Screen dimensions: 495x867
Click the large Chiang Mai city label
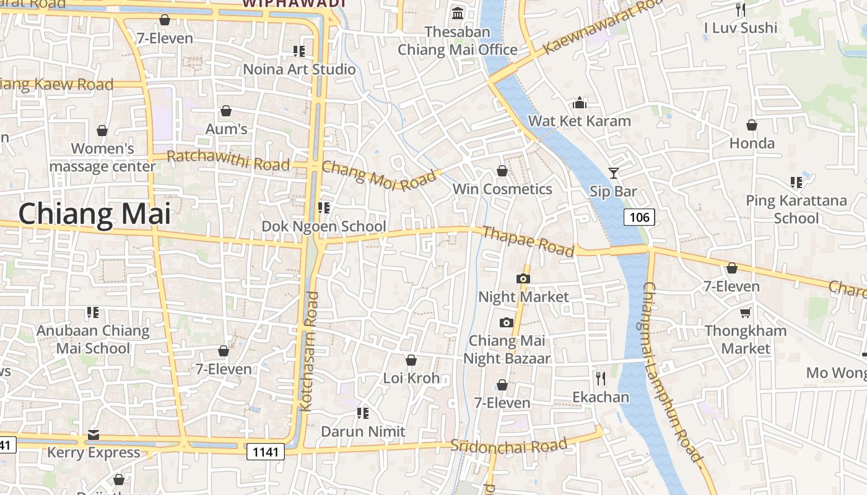(94, 214)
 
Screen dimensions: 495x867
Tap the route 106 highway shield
(638, 217)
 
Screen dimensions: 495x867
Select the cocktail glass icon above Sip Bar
(613, 173)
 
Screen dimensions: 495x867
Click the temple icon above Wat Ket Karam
(580, 102)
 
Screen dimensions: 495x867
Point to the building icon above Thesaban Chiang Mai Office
(458, 12)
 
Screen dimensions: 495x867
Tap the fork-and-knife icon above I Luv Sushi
(740, 9)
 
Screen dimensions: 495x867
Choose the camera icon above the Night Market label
(523, 278)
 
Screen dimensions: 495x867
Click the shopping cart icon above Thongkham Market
(745, 312)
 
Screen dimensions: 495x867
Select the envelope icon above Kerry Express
(94, 434)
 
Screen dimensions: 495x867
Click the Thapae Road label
(528, 241)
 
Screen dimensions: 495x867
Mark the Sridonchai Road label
(508, 445)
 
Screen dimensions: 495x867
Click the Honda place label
(752, 143)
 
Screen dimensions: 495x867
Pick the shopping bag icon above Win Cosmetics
(502, 171)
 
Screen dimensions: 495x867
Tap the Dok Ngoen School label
(323, 226)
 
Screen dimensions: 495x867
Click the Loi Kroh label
(411, 378)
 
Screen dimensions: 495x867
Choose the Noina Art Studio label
(299, 69)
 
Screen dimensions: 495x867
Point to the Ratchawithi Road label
(228, 160)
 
